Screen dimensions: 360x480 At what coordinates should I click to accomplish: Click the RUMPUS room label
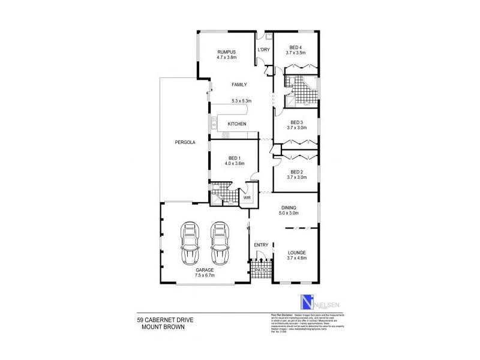[226, 53]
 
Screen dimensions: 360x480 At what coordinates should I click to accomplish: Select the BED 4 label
[296, 47]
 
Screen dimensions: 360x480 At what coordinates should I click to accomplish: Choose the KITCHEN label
[237, 124]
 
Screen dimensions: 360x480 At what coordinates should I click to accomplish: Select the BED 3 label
[296, 122]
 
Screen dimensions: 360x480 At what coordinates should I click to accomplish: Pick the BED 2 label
[296, 171]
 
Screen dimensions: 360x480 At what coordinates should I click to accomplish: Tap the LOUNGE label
[296, 253]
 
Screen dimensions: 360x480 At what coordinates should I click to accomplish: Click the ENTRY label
[260, 245]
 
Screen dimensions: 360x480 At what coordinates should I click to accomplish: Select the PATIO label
[261, 271]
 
